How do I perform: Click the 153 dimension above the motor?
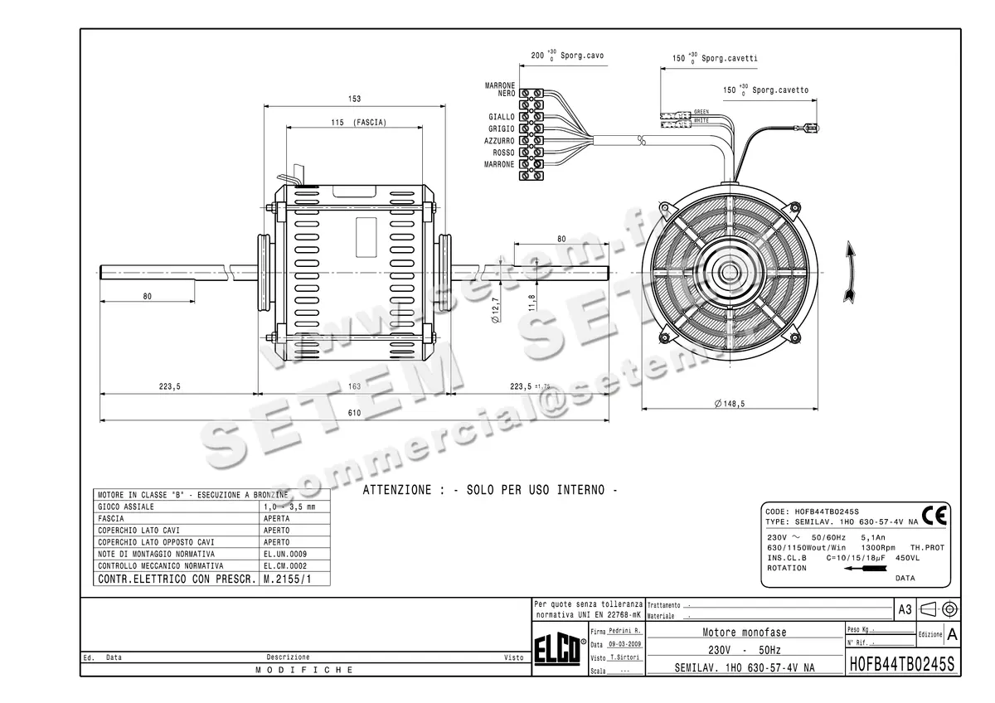pyautogui.click(x=354, y=99)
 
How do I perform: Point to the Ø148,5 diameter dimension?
pyautogui.click(x=730, y=404)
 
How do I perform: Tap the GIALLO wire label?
pyautogui.click(x=501, y=118)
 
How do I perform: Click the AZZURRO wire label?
pyautogui.click(x=499, y=141)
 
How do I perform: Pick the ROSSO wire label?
pyautogui.click(x=503, y=153)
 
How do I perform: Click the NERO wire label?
pyautogui.click(x=506, y=94)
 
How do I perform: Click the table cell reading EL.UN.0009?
pyautogui.click(x=284, y=554)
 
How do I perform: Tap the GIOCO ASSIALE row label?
pyautogui.click(x=126, y=507)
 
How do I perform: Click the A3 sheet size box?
pyautogui.click(x=905, y=609)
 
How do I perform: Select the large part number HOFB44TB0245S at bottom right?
pyautogui.click(x=902, y=665)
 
